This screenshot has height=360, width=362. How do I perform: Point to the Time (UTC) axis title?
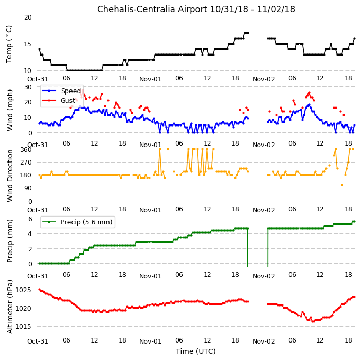196,351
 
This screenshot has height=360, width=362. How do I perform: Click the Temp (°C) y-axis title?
9,44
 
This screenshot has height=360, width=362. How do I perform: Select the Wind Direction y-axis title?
10,175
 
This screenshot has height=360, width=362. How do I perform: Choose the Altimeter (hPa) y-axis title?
10,307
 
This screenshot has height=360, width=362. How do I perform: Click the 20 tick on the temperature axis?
28,17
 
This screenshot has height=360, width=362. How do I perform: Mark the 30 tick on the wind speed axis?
28,87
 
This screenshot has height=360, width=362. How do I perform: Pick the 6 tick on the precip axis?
30,219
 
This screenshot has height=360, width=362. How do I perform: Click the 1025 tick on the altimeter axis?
23,290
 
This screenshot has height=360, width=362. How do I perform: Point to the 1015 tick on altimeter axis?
23,326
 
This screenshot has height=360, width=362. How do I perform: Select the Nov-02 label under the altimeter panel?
263,341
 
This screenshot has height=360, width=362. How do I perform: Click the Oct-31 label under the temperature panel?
38,79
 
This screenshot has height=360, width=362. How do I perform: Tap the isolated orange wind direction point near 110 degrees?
342,185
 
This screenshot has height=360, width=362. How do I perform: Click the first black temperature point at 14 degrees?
39,49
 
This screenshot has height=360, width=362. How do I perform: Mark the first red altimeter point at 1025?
39,290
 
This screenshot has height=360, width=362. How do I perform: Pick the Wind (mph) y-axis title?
10,110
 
